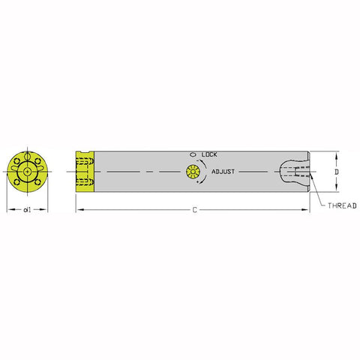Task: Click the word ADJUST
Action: click(x=223, y=172)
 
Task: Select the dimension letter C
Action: click(x=194, y=210)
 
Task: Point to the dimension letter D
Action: click(x=337, y=172)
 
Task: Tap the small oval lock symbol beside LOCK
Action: click(x=193, y=154)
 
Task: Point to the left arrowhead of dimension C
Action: click(x=78, y=211)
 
